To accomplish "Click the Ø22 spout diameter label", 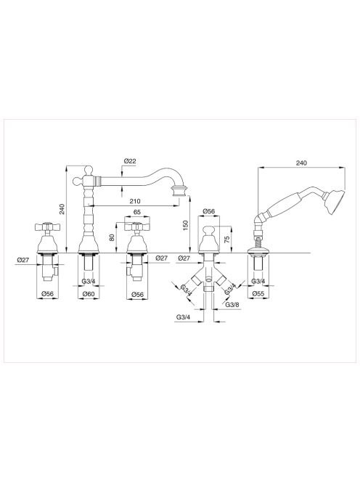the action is pyautogui.click(x=129, y=160).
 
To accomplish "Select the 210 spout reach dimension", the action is pyautogui.click(x=135, y=201).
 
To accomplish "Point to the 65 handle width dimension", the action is pyautogui.click(x=137, y=212).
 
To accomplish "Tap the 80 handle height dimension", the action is pyautogui.click(x=112, y=237).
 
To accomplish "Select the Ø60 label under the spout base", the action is pyautogui.click(x=89, y=294).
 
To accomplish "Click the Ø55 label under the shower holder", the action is pyautogui.click(x=258, y=293).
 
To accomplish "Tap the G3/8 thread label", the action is pyautogui.click(x=232, y=304).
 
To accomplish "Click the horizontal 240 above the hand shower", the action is pyautogui.click(x=301, y=163).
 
